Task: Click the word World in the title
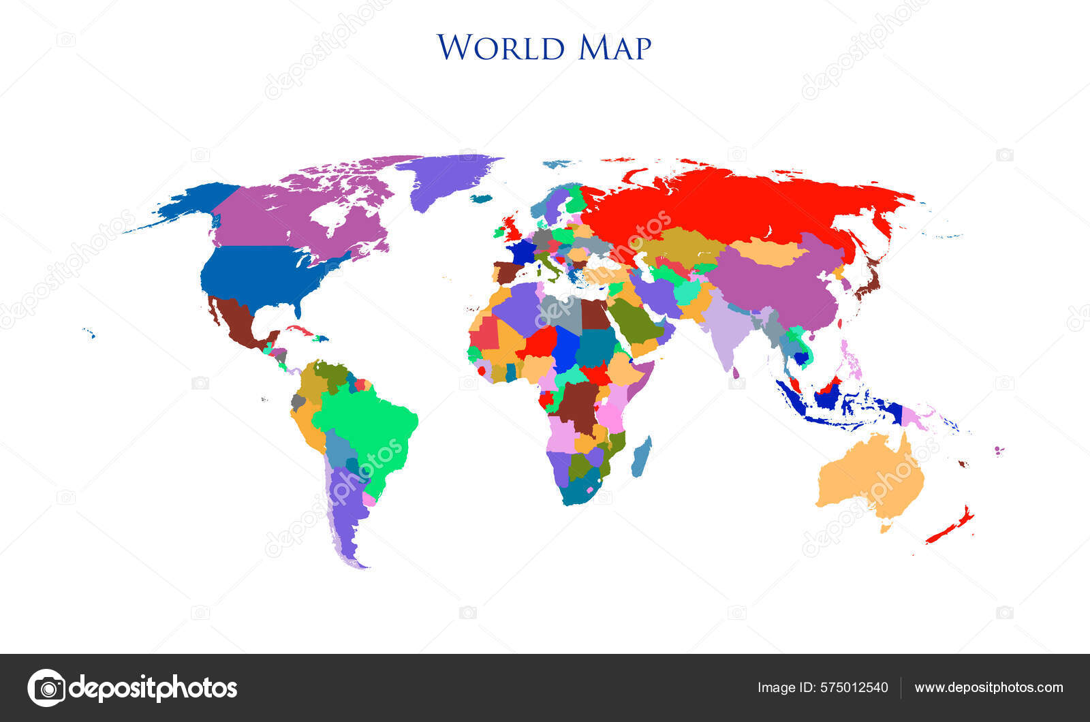tap(501, 47)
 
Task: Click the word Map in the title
tap(615, 47)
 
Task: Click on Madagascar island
tap(641, 457)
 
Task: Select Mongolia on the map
tap(770, 252)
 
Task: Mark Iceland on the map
tap(481, 199)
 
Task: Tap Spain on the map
tap(508, 272)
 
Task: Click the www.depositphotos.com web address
tap(988, 687)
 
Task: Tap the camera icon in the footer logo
tap(46, 688)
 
